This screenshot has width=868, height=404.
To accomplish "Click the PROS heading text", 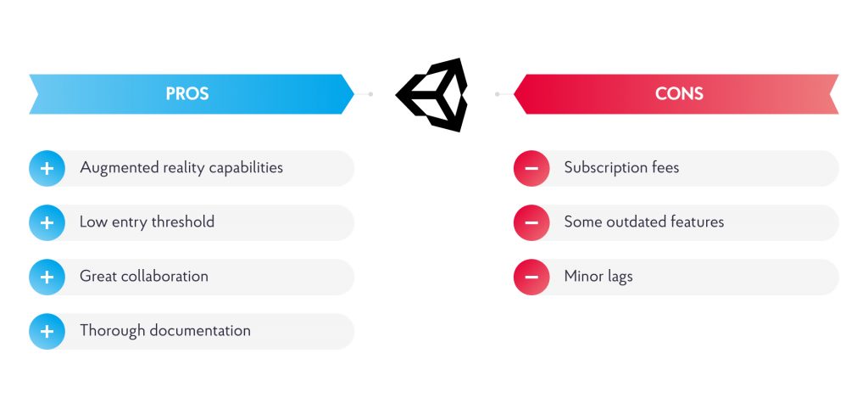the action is (187, 93).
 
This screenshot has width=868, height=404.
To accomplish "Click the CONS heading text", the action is (679, 93).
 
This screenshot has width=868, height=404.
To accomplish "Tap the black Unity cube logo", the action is (431, 95).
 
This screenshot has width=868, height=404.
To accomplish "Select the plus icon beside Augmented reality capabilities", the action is (47, 168).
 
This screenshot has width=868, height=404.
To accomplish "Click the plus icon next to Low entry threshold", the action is (47, 222).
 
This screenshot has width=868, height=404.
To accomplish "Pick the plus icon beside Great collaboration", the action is (47, 277).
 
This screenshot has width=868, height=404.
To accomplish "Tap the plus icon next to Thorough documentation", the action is (47, 331).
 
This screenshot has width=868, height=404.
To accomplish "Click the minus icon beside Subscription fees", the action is (531, 168).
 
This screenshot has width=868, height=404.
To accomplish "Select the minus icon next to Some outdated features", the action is (531, 222).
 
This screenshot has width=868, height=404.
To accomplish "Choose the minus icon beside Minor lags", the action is (531, 277).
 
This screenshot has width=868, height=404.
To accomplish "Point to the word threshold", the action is (183, 222).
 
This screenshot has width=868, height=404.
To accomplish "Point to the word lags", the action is (619, 277).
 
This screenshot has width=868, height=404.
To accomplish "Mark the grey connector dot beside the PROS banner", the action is (371, 94).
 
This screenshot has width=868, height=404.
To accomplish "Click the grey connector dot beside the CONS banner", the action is (497, 94).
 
